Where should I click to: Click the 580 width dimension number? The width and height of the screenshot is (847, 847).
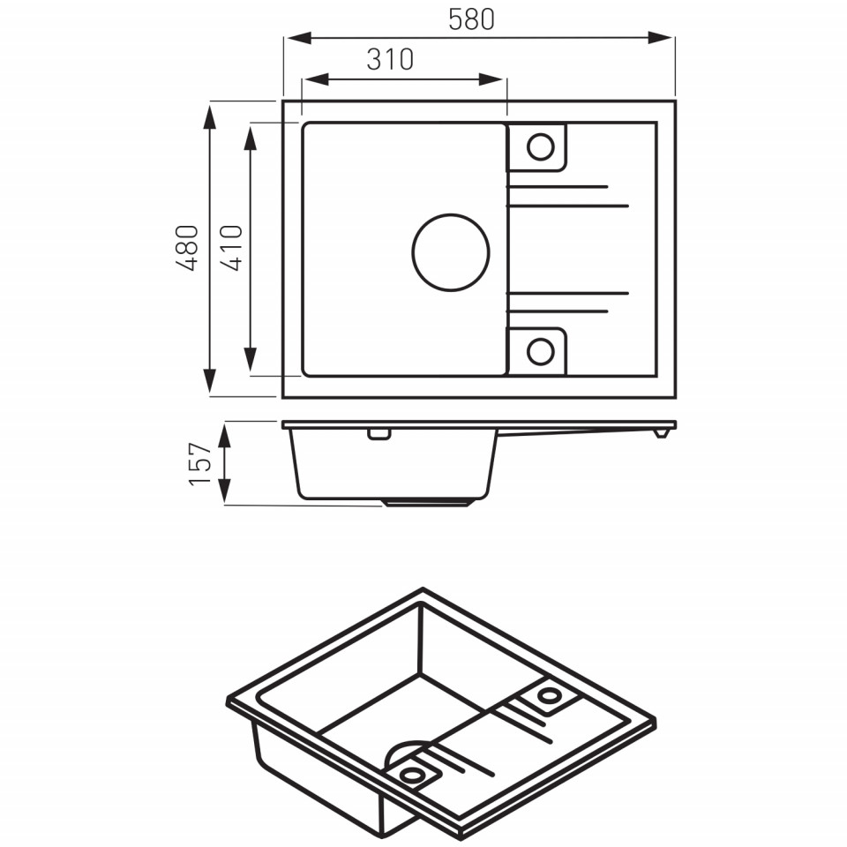(471, 19)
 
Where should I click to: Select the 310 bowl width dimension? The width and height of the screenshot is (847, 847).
(390, 59)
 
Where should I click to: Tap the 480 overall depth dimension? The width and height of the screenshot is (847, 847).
(187, 248)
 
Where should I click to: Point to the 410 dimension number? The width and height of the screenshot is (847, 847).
(231, 248)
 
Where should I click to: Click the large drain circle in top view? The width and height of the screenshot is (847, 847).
(451, 214)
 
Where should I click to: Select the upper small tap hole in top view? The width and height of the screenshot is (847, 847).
(541, 133)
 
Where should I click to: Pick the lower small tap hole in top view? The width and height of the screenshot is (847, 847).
(541, 338)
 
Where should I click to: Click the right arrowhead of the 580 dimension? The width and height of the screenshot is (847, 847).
(660, 38)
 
